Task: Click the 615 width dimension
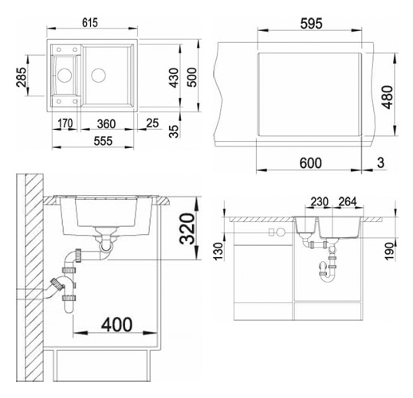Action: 90,22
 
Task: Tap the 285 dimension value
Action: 22,77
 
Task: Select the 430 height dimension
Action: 175,78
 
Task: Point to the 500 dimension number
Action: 192,77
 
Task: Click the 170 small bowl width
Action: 65,123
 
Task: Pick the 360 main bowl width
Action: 106,124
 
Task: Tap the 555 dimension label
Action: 103,141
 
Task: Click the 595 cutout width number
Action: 311,24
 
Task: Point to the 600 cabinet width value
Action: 310,163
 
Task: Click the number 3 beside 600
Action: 380,162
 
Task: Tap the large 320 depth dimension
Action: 187,228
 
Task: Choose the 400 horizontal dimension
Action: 116,324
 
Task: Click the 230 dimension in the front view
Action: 320,202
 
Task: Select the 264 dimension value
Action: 348,202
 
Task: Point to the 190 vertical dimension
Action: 389,251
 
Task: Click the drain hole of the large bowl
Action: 99,75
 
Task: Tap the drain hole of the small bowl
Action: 65,76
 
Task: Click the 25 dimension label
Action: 152,123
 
